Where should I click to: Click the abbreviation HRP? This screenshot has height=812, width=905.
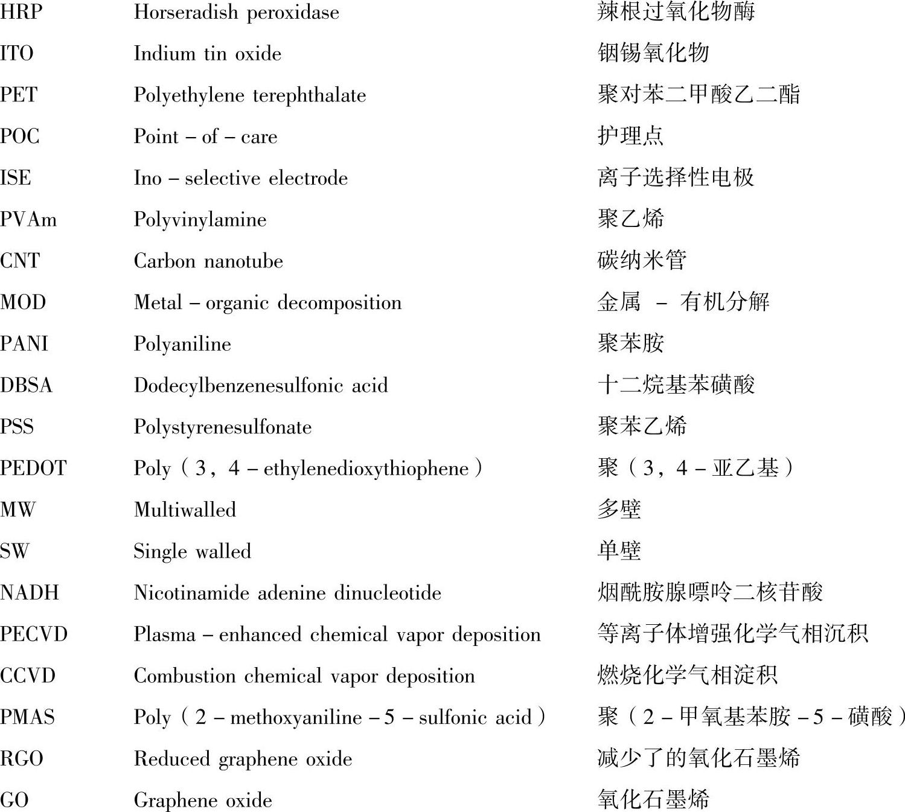pyautogui.click(x=21, y=12)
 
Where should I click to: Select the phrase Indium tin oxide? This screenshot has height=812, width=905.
pyautogui.click(x=207, y=54)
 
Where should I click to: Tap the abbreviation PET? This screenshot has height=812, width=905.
pyautogui.click(x=19, y=95)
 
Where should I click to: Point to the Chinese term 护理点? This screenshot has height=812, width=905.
pyautogui.click(x=630, y=136)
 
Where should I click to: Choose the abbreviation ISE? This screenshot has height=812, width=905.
pyautogui.click(x=16, y=178)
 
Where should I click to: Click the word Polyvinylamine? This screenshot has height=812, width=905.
pyautogui.click(x=200, y=219)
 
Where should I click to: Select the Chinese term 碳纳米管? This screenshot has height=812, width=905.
pyautogui.click(x=642, y=260)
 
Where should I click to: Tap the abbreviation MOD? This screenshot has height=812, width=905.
pyautogui.click(x=23, y=302)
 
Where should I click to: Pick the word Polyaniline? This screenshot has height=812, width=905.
pyautogui.click(x=182, y=344)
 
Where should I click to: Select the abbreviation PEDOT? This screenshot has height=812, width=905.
pyautogui.click(x=33, y=468)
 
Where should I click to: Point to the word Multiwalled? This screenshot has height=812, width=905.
pyautogui.click(x=185, y=510)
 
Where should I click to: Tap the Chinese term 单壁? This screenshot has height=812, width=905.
pyautogui.click(x=619, y=551)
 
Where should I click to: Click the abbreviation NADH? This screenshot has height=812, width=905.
pyautogui.click(x=30, y=593)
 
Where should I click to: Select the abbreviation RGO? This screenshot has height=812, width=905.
pyautogui.click(x=22, y=759)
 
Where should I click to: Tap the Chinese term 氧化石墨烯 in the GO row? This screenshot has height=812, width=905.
pyautogui.click(x=653, y=800)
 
